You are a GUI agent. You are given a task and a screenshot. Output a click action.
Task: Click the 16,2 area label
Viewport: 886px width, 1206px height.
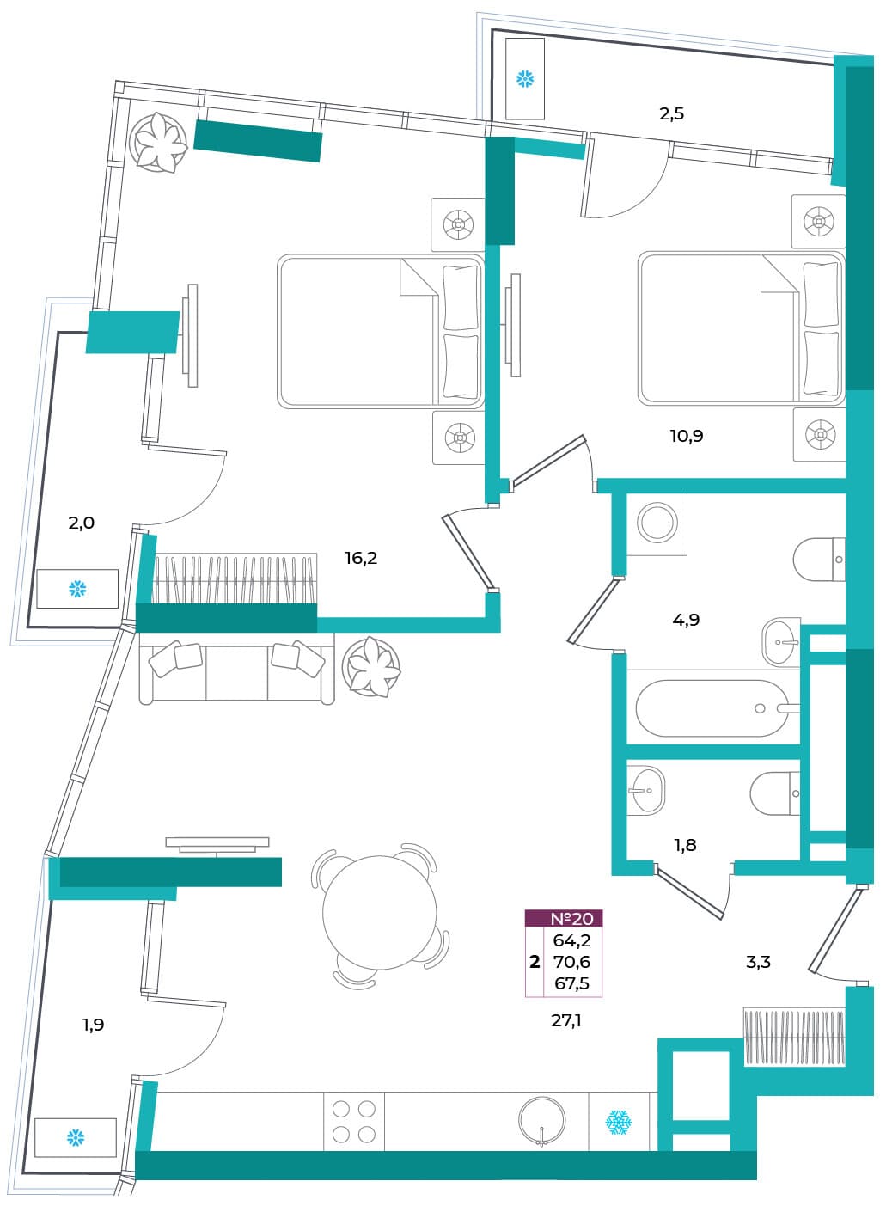[361, 559]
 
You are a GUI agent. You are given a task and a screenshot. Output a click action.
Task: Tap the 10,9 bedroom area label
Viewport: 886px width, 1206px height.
[687, 436]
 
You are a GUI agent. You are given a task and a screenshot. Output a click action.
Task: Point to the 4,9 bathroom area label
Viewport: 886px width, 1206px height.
[686, 620]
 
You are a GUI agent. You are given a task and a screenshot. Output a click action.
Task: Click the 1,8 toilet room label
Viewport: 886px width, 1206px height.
[685, 845]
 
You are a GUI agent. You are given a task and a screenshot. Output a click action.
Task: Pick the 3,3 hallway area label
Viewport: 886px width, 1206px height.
[758, 961]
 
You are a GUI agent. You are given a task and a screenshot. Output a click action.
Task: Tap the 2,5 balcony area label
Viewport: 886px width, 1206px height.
[672, 113]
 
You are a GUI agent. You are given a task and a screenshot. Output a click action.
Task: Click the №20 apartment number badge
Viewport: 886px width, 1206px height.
[564, 918]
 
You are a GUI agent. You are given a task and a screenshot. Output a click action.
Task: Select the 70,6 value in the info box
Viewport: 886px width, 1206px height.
[571, 961]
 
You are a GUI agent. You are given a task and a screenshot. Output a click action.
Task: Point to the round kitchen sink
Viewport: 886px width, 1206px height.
[542, 1120]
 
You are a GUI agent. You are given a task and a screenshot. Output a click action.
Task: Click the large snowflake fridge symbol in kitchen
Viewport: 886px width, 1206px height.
[619, 1122]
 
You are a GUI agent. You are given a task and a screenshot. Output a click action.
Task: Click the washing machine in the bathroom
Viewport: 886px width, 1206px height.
[657, 524]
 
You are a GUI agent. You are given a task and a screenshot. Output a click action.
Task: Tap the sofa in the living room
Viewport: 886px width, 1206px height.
[237, 668]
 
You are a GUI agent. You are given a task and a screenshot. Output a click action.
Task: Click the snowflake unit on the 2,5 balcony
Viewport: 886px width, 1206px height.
[525, 78]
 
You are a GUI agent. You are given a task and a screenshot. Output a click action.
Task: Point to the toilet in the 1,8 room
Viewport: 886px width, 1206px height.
[775, 793]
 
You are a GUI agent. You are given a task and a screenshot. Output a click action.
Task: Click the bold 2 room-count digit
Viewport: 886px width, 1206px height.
[535, 962]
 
